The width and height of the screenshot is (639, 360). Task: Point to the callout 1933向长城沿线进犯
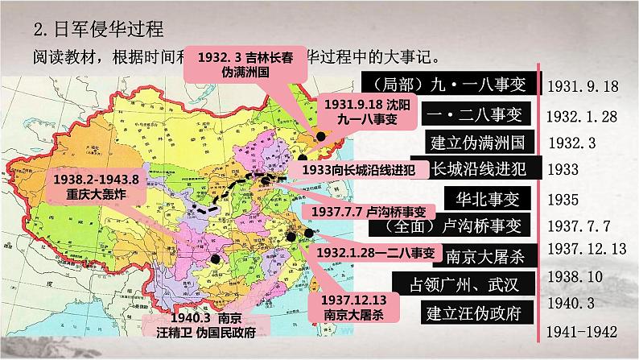[x=361, y=170]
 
